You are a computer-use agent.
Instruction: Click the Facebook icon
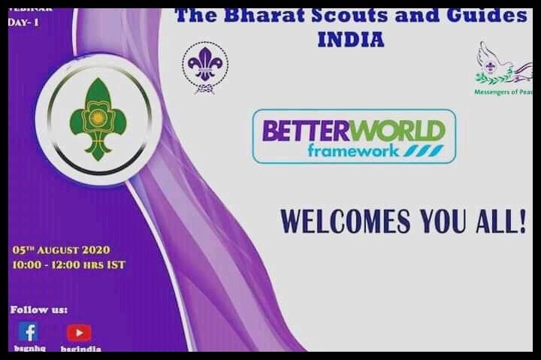28,331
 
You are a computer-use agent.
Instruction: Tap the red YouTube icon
79,332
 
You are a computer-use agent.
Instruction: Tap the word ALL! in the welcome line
500,222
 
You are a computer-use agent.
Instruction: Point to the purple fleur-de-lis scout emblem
204,67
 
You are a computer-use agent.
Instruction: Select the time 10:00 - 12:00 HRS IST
68,265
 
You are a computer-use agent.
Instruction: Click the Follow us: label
39,309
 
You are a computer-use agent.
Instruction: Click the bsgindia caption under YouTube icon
81,349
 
